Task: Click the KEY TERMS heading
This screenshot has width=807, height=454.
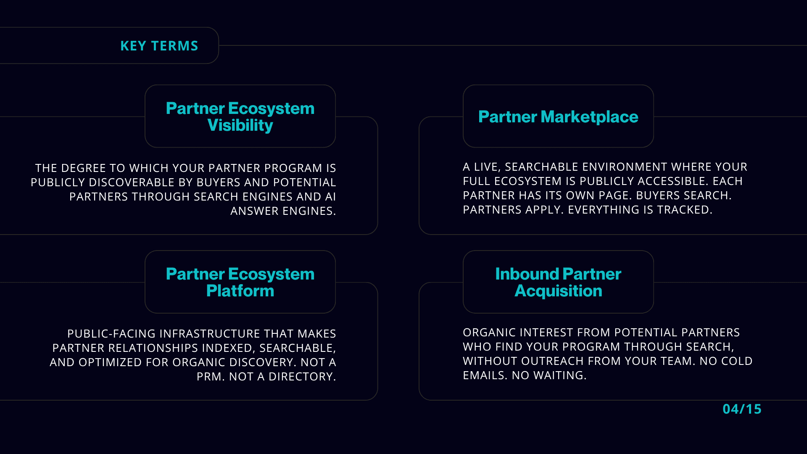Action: click(159, 46)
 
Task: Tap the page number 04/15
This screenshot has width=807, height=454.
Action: click(742, 409)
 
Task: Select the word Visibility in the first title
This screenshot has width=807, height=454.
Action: click(240, 125)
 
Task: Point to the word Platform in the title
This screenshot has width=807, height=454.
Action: click(240, 291)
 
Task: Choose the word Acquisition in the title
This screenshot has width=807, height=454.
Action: click(558, 291)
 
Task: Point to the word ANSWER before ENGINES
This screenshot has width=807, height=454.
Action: click(254, 211)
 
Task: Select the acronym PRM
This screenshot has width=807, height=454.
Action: click(211, 377)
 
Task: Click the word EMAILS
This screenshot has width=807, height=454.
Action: click(485, 375)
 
